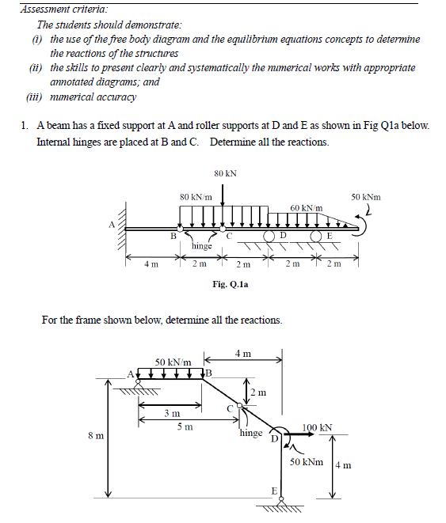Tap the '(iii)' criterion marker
click(x=35, y=97)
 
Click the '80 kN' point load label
click(x=225, y=172)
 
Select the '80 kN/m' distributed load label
click(x=195, y=195)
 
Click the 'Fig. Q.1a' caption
click(x=230, y=283)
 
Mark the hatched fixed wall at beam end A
click(x=124, y=229)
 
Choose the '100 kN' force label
click(x=317, y=427)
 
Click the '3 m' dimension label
click(x=171, y=413)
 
